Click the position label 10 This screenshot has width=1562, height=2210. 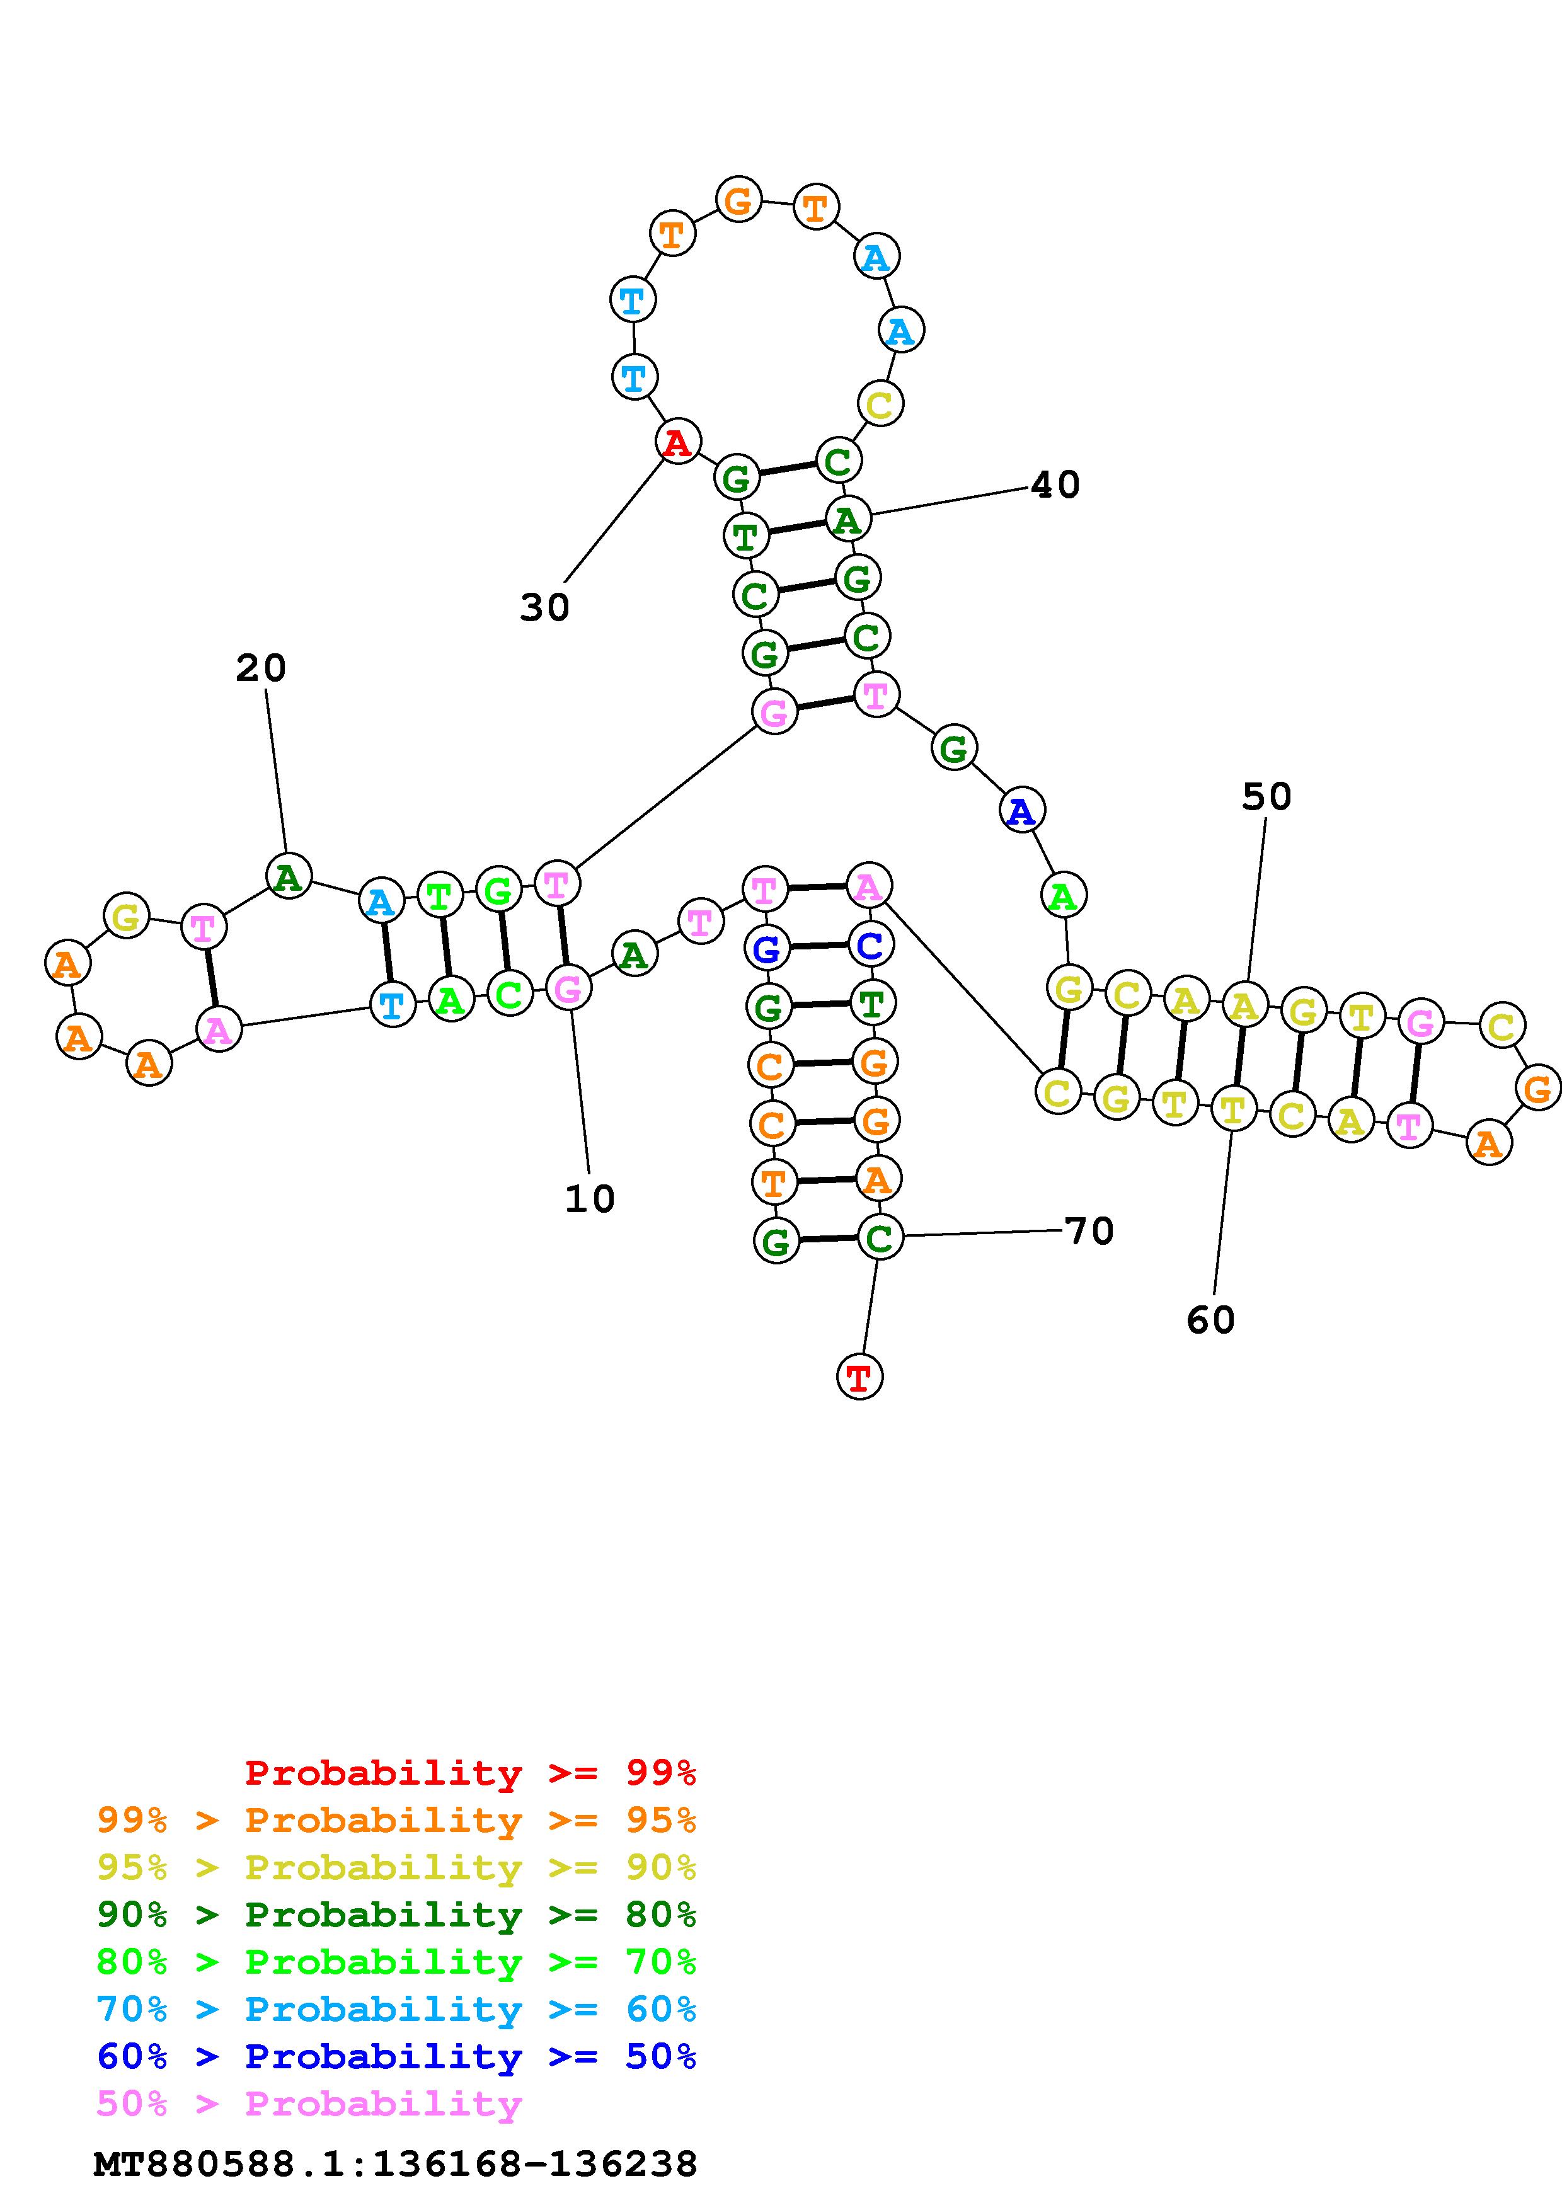pos(589,1199)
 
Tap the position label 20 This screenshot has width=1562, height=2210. pos(261,668)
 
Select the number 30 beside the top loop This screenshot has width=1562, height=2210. pos(545,607)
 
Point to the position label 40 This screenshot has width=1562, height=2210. pos(1056,484)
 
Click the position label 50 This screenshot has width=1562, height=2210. pos(1266,796)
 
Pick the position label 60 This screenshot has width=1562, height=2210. pos(1210,1320)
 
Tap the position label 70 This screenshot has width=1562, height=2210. pos(1089,1231)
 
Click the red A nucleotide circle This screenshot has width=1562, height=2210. pos(677,443)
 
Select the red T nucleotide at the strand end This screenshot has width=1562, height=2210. pos(859,1377)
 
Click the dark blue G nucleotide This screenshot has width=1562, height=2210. pos(766,950)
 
